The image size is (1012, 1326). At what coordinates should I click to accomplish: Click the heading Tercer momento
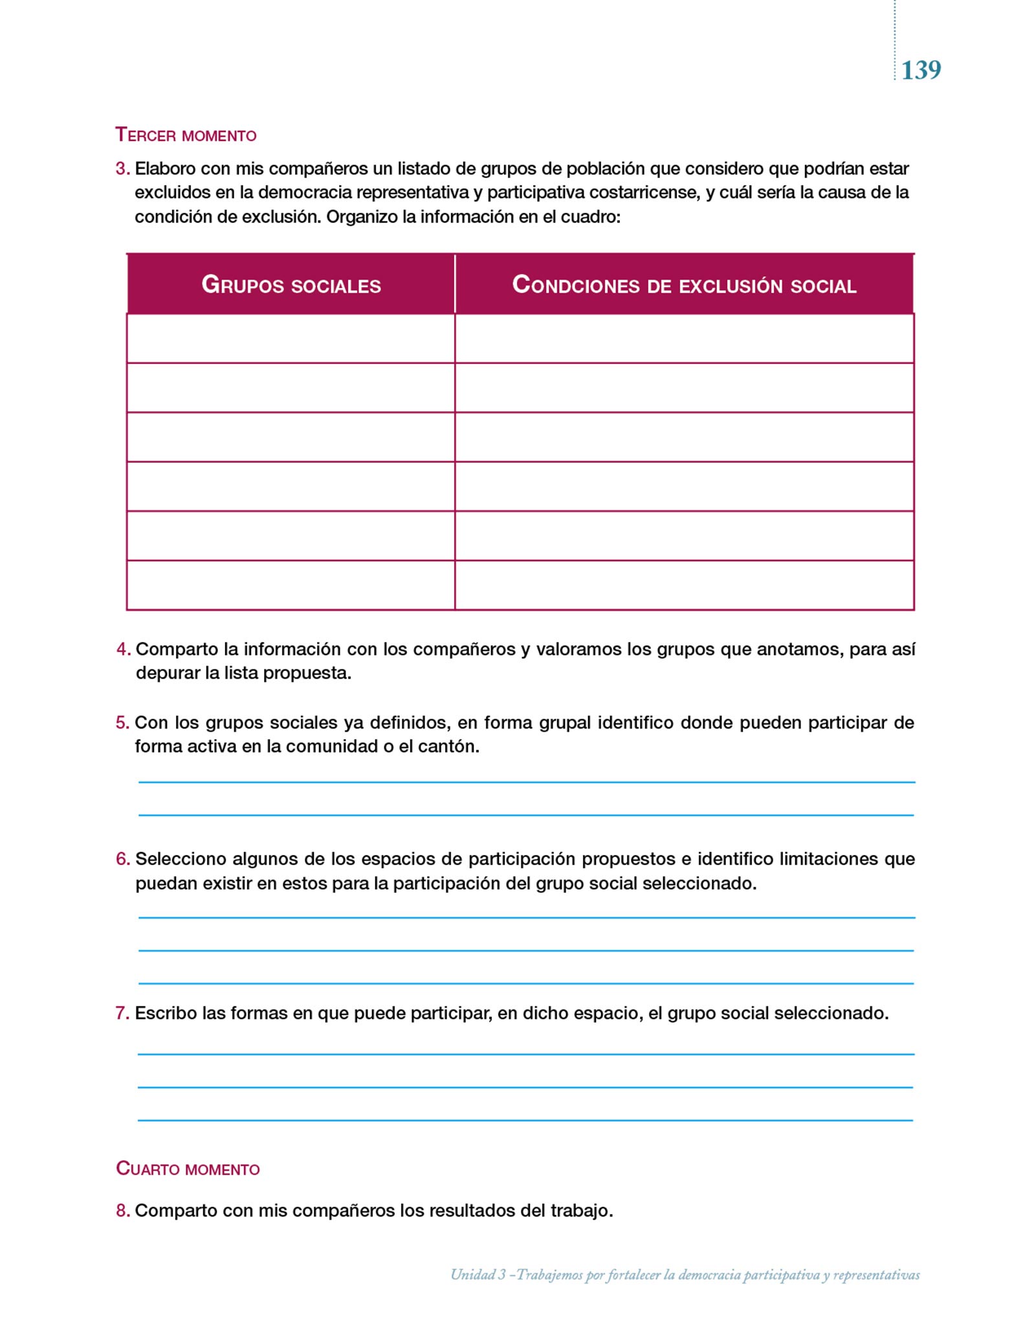pyautogui.click(x=186, y=135)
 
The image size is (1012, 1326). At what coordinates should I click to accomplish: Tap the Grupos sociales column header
pyautogui.click(x=291, y=285)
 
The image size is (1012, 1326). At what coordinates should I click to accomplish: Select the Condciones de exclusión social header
pyautogui.click(x=684, y=285)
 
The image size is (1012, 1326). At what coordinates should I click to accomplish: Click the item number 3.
pyautogui.click(x=122, y=169)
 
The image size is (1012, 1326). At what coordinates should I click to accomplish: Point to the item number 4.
pyautogui.click(x=123, y=649)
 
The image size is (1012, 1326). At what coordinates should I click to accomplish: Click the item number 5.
pyautogui.click(x=122, y=723)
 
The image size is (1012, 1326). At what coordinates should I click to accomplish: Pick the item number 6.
pyautogui.click(x=122, y=859)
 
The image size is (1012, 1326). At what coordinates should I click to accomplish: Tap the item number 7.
pyautogui.click(x=122, y=1013)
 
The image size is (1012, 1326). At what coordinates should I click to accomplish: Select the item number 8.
pyautogui.click(x=122, y=1210)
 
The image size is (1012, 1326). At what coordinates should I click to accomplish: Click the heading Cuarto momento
pyautogui.click(x=188, y=1169)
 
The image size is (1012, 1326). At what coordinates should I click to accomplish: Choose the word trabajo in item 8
pyautogui.click(x=580, y=1210)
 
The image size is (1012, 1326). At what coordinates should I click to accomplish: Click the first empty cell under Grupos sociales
pyautogui.click(x=291, y=339)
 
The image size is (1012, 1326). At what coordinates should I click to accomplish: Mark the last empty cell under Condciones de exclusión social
pyautogui.click(x=684, y=585)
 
